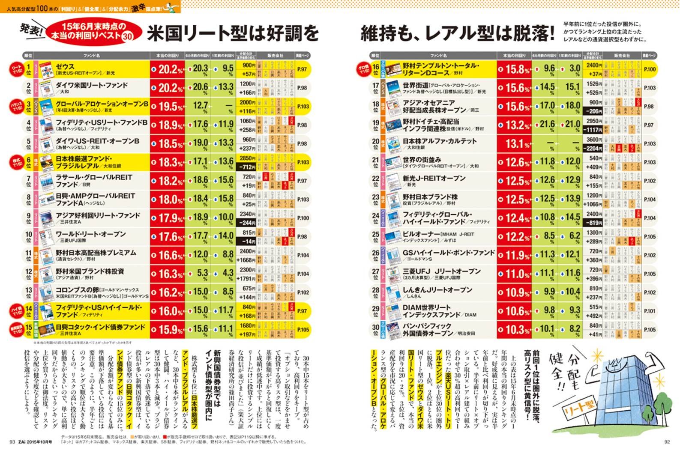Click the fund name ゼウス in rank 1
[65, 66]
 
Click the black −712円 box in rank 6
[247, 167]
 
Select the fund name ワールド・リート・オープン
[91, 234]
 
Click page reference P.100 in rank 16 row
[650, 69]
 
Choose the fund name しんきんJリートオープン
[437, 290]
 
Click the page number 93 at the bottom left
[12, 442]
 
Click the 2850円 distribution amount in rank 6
[248, 158]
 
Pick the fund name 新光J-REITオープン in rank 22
[434, 179]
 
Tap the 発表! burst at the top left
[31, 30]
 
